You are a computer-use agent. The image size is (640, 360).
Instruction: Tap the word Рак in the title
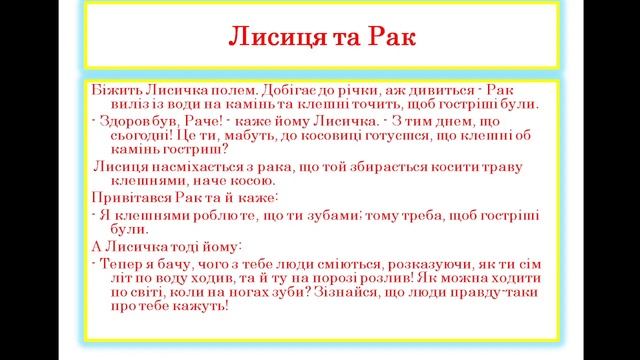pyautogui.click(x=383, y=40)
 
